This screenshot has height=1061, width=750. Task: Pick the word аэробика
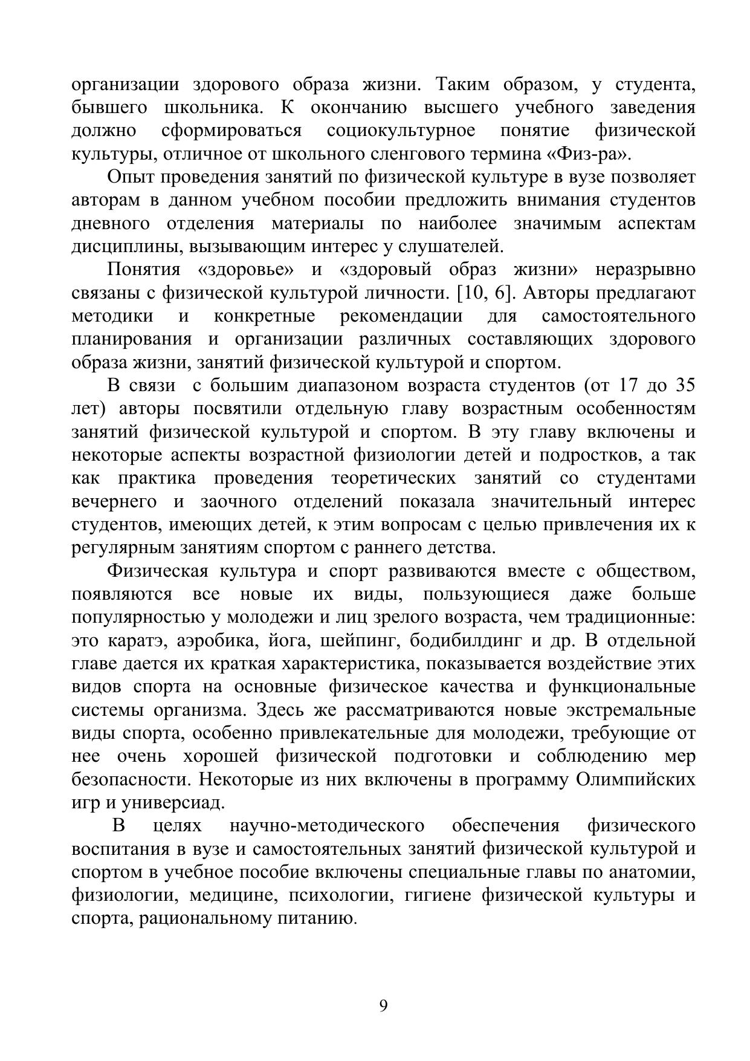207,640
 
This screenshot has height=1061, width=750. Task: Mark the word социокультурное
401,131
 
